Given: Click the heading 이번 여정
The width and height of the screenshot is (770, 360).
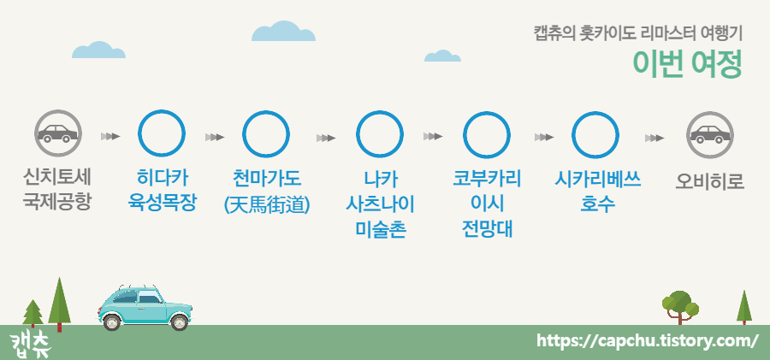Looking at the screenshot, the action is (x=687, y=63).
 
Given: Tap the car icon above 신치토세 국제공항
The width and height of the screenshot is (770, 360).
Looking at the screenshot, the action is (x=58, y=133).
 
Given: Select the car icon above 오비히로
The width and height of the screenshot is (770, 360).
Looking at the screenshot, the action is (x=711, y=133).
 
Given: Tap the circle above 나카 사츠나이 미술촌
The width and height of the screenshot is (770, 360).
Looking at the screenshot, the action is (x=380, y=133).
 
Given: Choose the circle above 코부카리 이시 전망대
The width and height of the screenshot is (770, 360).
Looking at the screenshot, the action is (x=486, y=133).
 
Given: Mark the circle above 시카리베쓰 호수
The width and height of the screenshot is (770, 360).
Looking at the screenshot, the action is (x=595, y=133).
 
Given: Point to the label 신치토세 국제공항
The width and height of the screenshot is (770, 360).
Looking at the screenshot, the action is (x=57, y=191).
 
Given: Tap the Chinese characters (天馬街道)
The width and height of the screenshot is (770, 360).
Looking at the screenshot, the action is (x=266, y=205).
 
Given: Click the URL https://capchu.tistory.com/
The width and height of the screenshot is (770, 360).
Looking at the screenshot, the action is (x=647, y=340).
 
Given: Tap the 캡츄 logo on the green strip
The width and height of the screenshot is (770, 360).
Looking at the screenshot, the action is (x=31, y=343).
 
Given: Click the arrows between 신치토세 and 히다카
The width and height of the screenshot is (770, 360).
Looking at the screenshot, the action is (x=110, y=135).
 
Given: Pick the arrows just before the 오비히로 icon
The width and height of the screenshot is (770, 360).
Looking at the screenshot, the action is (x=654, y=136).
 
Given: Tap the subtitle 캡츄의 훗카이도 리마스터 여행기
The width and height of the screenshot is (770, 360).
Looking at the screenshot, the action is (x=637, y=34).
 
